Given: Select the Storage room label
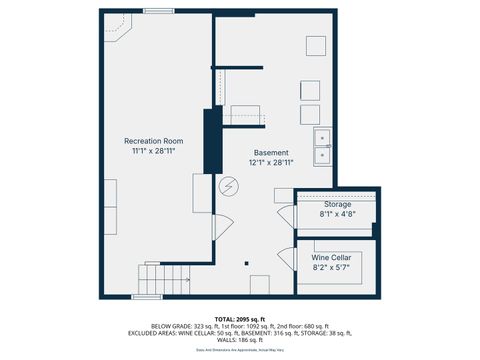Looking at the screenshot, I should tap(337, 204).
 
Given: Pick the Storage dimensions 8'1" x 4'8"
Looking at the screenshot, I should tap(337, 214).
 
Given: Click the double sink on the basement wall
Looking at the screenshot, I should tap(323, 146).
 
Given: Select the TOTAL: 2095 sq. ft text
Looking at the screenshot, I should tap(240, 318).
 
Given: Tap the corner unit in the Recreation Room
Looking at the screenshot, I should tap(118, 32).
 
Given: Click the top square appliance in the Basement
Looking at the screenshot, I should tap(316, 46).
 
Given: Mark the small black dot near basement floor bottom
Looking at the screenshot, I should tap(246, 262).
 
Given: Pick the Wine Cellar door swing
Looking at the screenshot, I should tap(286, 264).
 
